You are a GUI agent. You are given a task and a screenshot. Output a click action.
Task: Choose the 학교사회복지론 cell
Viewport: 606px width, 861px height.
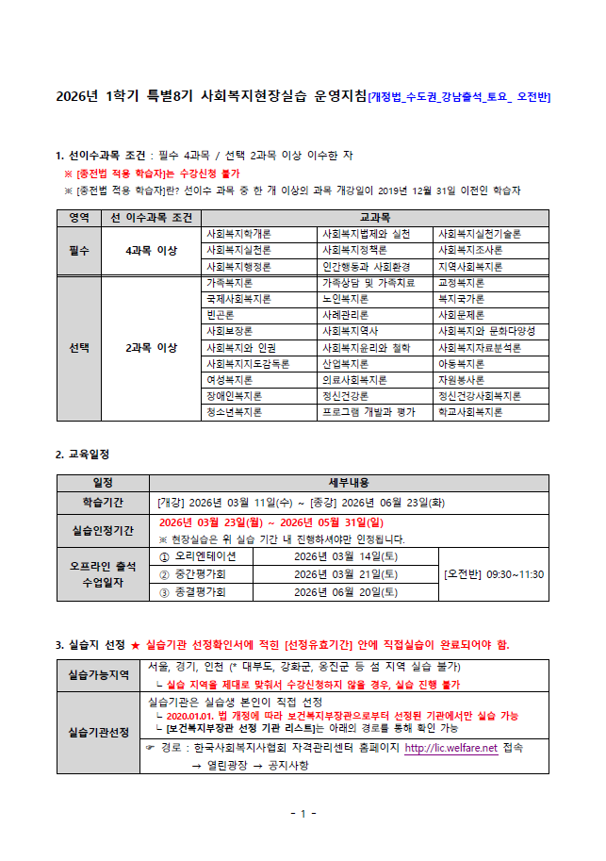click(x=470, y=412)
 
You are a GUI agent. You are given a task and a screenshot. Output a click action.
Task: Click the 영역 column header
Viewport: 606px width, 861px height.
click(x=79, y=217)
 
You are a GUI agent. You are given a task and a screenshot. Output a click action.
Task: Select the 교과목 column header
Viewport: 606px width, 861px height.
click(x=375, y=217)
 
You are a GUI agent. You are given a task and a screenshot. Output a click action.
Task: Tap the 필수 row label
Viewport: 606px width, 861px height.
click(x=79, y=250)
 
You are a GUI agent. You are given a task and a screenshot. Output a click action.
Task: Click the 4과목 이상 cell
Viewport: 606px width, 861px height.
click(x=152, y=250)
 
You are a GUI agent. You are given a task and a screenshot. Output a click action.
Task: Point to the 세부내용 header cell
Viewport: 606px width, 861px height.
click(x=350, y=483)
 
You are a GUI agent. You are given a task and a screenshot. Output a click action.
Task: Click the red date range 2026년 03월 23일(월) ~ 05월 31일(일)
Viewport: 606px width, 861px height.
click(x=270, y=522)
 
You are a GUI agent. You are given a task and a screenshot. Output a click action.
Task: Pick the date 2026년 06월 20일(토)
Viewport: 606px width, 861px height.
click(x=345, y=592)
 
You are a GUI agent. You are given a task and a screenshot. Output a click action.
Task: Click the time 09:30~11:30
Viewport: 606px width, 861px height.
click(x=506, y=573)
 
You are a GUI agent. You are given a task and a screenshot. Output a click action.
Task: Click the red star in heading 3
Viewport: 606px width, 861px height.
click(x=136, y=646)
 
